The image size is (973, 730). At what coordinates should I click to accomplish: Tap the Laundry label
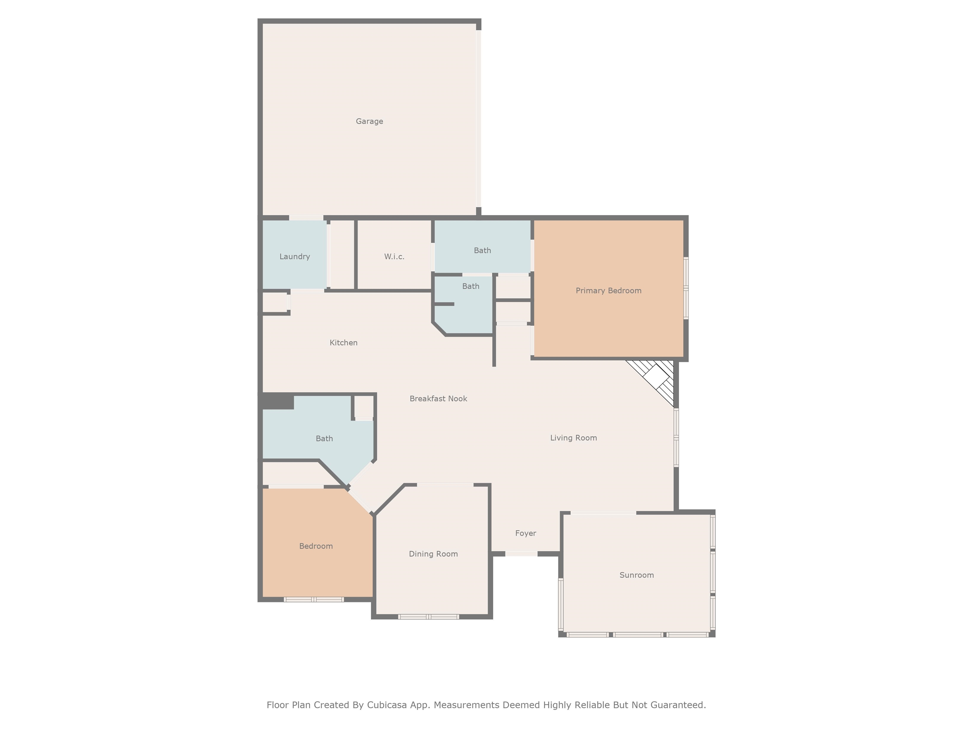click(294, 257)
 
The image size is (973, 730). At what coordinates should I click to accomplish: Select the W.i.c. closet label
click(394, 257)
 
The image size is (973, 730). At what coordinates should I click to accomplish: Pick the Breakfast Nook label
click(438, 399)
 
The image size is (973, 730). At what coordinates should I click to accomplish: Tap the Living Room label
click(573, 438)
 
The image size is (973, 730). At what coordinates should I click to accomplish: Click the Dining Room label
click(433, 554)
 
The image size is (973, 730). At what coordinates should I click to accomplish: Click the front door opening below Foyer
click(521, 554)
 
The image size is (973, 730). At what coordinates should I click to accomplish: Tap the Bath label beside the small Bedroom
click(324, 439)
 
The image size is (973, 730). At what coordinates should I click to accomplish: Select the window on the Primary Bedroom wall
click(685, 288)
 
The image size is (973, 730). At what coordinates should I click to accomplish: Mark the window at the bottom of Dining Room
click(429, 617)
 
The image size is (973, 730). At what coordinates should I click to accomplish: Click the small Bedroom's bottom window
click(314, 599)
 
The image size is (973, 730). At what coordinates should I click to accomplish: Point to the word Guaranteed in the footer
click(677, 705)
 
